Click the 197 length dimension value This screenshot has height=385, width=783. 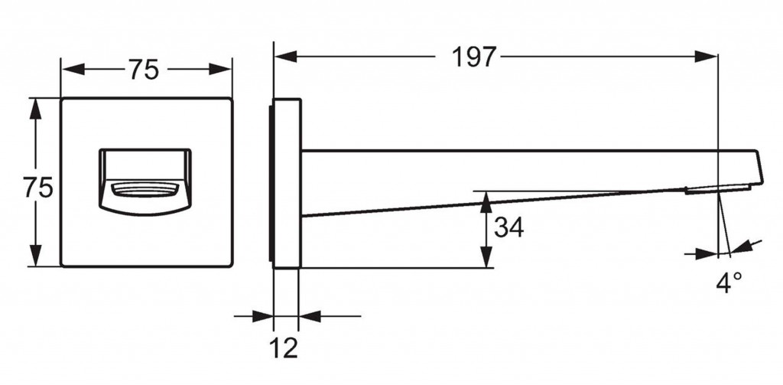coord(474,57)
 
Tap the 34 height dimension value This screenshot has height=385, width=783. coord(508,227)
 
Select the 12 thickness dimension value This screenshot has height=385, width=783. coord(284,347)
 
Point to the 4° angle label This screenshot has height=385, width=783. coord(729,282)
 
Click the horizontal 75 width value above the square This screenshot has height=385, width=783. coord(144,70)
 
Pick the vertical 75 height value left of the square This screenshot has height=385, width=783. coord(38,188)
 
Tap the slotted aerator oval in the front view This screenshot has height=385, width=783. coord(145,190)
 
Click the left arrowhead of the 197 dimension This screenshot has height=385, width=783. coord(286,57)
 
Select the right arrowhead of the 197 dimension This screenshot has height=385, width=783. coord(706,57)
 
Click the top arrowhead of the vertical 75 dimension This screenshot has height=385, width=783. coord(35,109)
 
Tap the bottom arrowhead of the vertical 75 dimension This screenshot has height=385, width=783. coord(35,255)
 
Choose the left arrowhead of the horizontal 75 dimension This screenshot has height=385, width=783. coord(73,70)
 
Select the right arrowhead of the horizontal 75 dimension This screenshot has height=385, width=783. coord(220,70)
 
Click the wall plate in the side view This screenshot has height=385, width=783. coord(286,184)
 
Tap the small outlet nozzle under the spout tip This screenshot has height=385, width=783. coord(717,189)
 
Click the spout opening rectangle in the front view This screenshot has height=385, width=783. coord(145,182)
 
